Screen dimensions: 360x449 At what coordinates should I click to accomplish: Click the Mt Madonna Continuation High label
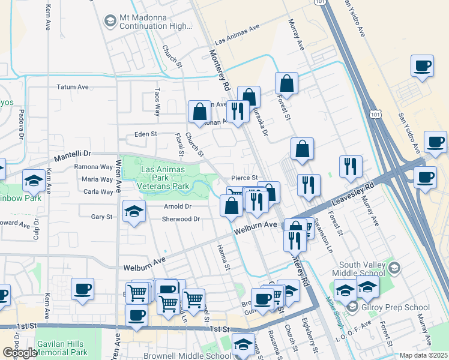[152, 22]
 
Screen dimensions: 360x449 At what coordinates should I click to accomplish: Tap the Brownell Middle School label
[181, 356]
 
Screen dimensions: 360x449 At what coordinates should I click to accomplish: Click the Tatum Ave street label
[73, 87]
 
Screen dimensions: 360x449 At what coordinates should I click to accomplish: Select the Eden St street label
[145, 134]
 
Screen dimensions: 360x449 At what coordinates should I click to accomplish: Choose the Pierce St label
[245, 178]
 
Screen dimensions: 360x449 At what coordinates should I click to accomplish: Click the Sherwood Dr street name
[181, 219]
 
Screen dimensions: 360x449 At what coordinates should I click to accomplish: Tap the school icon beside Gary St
[134, 211]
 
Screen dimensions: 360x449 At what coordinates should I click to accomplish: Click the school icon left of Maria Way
[34, 179]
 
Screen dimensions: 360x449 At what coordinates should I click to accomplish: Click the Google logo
[20, 353]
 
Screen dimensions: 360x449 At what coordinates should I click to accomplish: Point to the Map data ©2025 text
[423, 355]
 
